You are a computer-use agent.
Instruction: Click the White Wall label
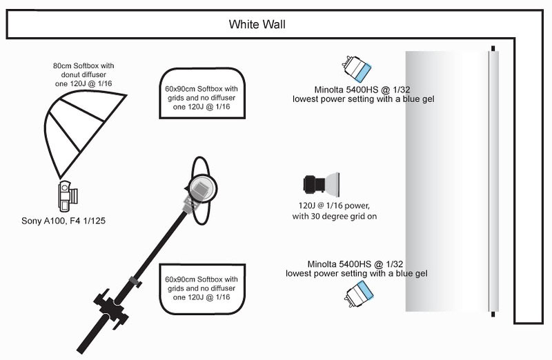[x=257, y=26]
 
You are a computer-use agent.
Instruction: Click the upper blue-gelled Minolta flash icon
[x=357, y=68]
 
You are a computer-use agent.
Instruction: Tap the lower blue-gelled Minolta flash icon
[x=358, y=297]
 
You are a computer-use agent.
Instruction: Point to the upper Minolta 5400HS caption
[x=363, y=95]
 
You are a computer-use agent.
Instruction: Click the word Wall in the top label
[x=273, y=26]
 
